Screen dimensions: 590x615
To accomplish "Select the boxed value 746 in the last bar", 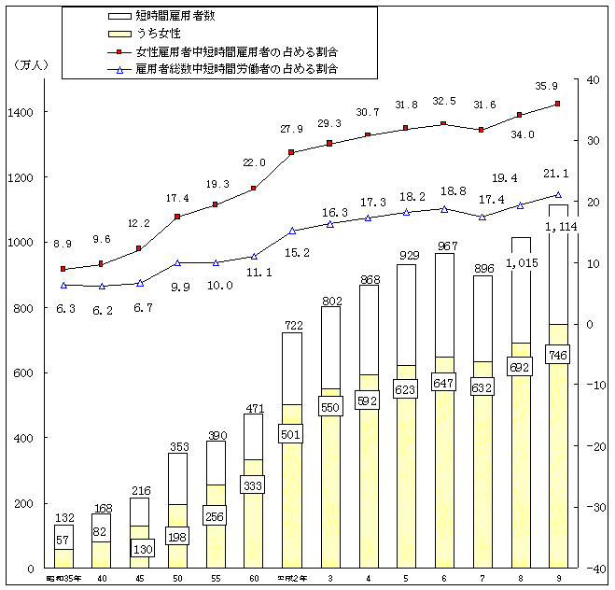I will click(x=557, y=356).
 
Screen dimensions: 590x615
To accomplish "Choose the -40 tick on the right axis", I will click(x=594, y=569).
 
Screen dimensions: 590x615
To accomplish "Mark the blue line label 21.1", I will click(x=557, y=173).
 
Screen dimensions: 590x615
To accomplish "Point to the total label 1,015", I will click(x=520, y=262).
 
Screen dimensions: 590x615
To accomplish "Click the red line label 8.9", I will click(x=63, y=244).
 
